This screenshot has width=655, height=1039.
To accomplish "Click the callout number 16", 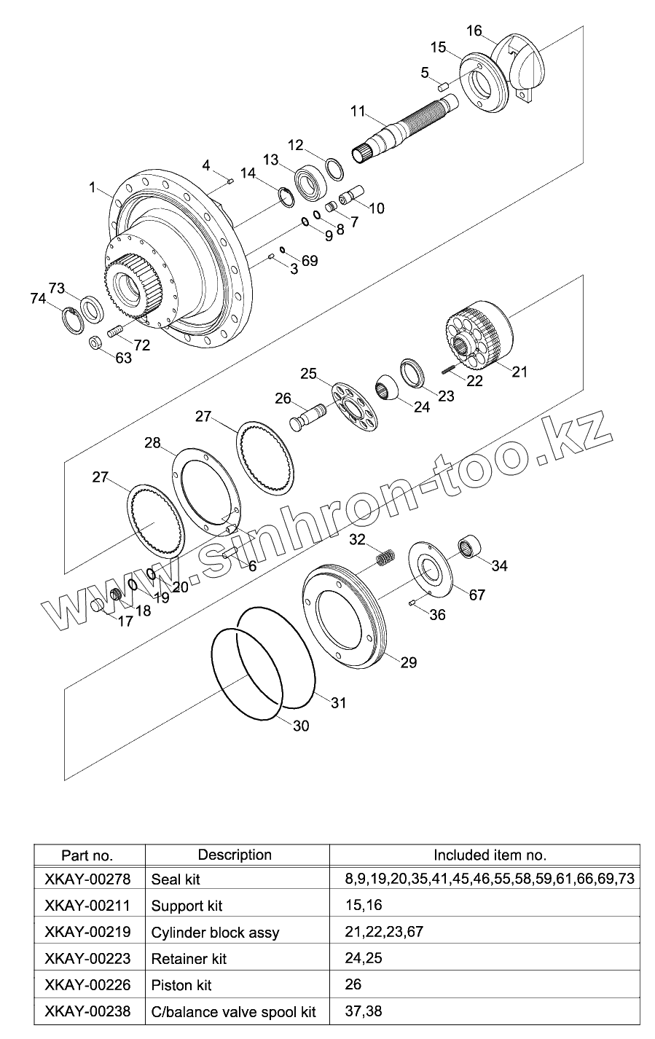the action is tap(474, 31).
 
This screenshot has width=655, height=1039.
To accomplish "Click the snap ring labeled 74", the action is tap(74, 320).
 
